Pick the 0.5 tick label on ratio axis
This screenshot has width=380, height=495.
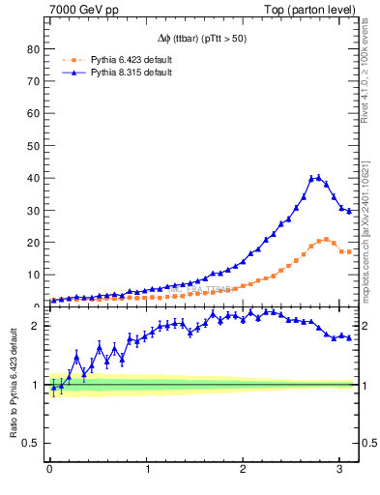click(31, 444)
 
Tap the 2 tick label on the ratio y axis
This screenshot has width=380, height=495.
click(37, 352)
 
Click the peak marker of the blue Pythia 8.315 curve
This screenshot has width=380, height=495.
click(318, 178)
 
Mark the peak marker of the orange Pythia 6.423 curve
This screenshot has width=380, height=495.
click(326, 239)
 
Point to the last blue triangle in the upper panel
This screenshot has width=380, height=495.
click(349, 210)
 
